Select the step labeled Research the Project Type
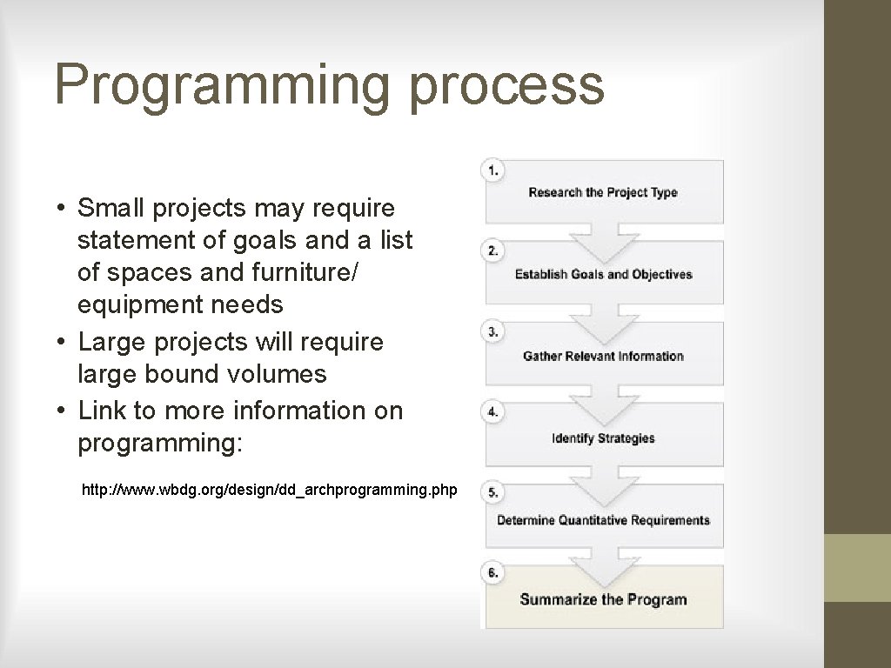(602, 192)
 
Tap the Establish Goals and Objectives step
(603, 274)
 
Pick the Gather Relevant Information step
(603, 356)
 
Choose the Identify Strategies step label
(603, 438)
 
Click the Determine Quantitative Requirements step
(603, 520)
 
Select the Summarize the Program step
(603, 599)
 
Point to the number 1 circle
(493, 170)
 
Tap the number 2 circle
(493, 251)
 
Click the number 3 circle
(493, 332)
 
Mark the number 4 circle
(493, 412)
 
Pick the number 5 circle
(493, 492)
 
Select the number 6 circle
(493, 572)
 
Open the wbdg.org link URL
(269, 491)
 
